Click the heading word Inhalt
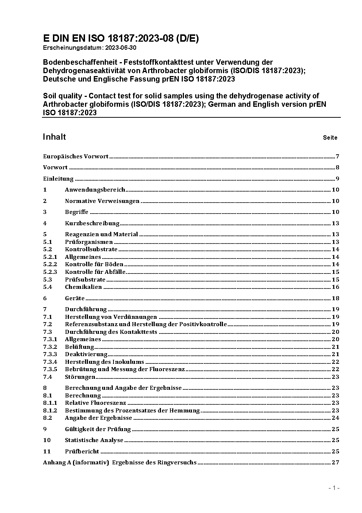tap(54, 137)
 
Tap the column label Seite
tap(330, 138)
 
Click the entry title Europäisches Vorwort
tap(76, 156)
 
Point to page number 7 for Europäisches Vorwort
tap(338, 156)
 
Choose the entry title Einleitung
tap(58, 179)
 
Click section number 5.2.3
tap(50, 272)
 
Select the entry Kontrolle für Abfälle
tap(95, 272)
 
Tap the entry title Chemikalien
tap(83, 287)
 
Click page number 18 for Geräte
tap(335, 298)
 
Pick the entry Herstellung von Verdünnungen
tap(111, 317)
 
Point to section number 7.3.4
tap(50, 362)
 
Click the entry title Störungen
tap(80, 377)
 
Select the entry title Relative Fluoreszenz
tap(95, 403)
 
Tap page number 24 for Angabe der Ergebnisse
tap(335, 418)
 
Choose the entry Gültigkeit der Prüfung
tap(98, 429)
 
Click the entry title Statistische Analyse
tap(94, 440)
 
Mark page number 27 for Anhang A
tap(335, 463)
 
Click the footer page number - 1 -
tap(334, 488)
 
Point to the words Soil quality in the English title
tap(62, 96)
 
